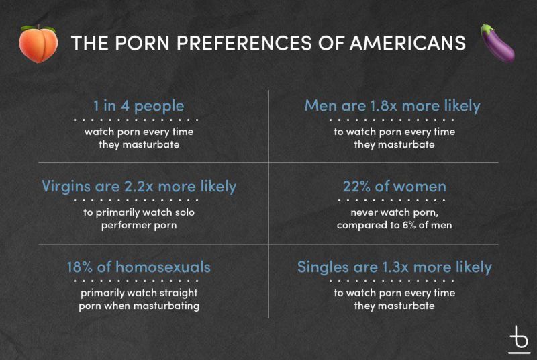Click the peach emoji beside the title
pos(38,44)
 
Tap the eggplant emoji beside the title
pos(498,43)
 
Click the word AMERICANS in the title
pos(408,43)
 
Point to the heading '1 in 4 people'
pos(139,106)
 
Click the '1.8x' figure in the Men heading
pos(383,105)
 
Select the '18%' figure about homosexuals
pos(79,267)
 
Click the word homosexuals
pos(163,267)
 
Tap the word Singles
pos(323,267)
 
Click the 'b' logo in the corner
pos(519,339)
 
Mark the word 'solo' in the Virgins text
pos(185,212)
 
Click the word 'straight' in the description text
pos(179,294)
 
